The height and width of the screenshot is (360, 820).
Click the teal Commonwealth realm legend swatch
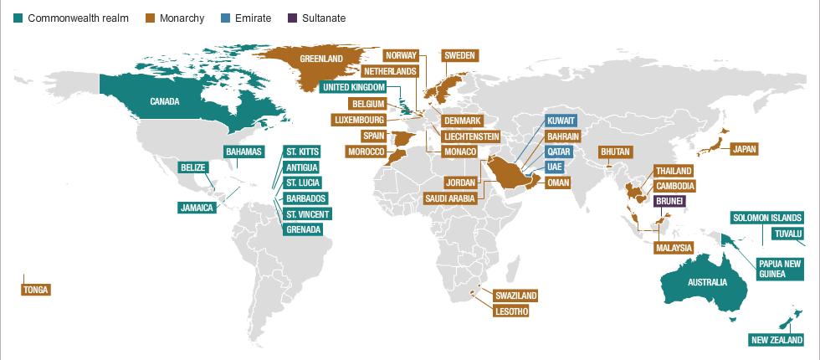pyautogui.click(x=18, y=18)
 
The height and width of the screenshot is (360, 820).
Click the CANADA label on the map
pyautogui.click(x=166, y=102)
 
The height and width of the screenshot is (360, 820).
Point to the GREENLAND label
pyautogui.click(x=322, y=59)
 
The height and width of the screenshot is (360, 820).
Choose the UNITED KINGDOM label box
pyautogui.click(x=354, y=87)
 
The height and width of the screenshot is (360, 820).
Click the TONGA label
pyautogui.click(x=37, y=290)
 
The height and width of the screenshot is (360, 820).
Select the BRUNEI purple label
pyautogui.click(x=670, y=202)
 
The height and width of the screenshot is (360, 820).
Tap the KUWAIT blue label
pyautogui.click(x=561, y=121)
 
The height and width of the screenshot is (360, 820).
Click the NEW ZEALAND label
pyautogui.click(x=776, y=340)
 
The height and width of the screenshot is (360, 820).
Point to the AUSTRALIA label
pyautogui.click(x=707, y=283)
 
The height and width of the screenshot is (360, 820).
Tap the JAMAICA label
pyautogui.click(x=197, y=208)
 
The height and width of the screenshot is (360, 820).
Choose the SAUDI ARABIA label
pyautogui.click(x=450, y=198)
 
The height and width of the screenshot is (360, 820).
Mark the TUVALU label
pyautogui.click(x=787, y=233)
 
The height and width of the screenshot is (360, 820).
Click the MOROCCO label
pyautogui.click(x=366, y=152)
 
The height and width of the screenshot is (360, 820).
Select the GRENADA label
pyautogui.click(x=303, y=229)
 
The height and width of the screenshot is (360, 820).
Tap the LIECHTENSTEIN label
pyautogui.click(x=471, y=136)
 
